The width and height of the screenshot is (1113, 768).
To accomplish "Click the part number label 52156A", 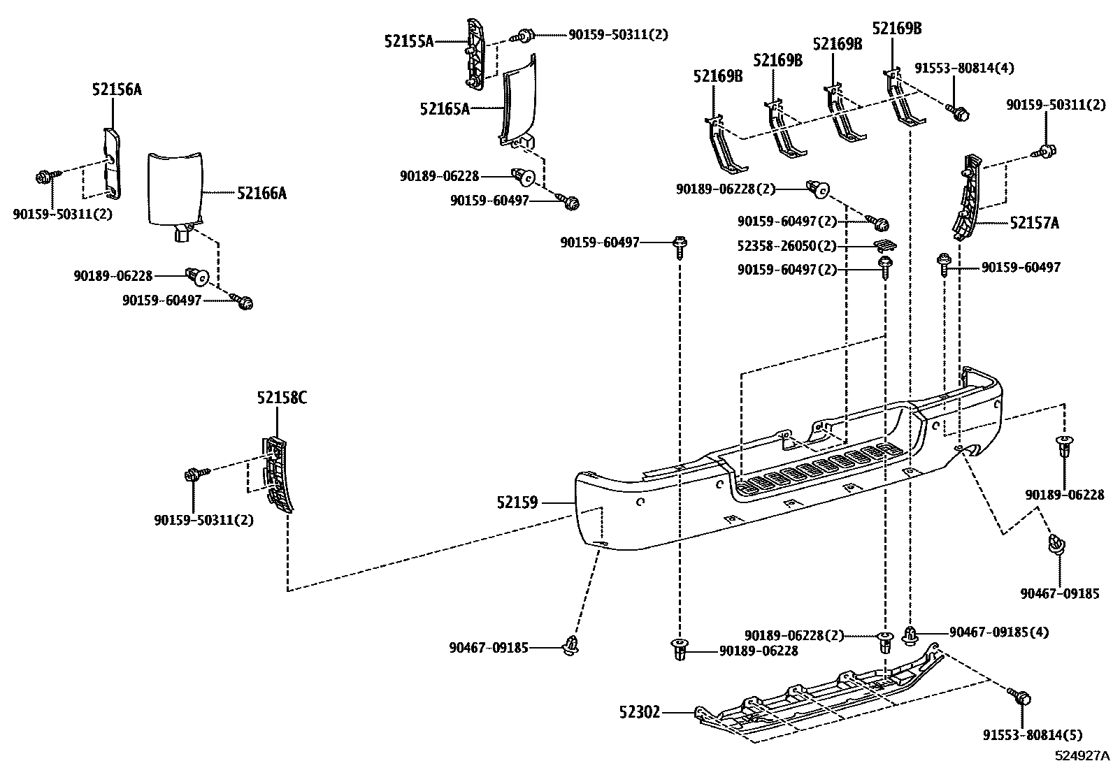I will click(x=117, y=89).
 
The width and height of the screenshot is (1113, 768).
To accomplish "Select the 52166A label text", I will click(x=261, y=193).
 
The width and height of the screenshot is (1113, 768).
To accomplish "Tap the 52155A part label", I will click(x=409, y=41).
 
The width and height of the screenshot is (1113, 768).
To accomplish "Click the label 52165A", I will click(x=445, y=108).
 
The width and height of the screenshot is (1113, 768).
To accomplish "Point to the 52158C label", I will click(x=281, y=398).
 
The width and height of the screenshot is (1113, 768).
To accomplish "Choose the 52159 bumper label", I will click(x=517, y=502).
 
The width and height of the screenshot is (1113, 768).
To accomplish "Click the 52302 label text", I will click(x=639, y=713).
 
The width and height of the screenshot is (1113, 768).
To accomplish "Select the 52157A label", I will click(x=1034, y=223).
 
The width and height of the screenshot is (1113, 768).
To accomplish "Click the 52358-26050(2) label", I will click(x=787, y=247).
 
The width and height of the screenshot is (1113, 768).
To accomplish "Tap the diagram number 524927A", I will click(x=1082, y=755).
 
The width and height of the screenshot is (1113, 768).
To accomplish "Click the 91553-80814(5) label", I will click(x=1032, y=735).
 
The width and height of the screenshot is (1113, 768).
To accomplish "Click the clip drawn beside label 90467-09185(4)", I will click(x=910, y=635).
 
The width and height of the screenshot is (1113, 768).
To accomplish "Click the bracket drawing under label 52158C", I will click(x=278, y=475).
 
